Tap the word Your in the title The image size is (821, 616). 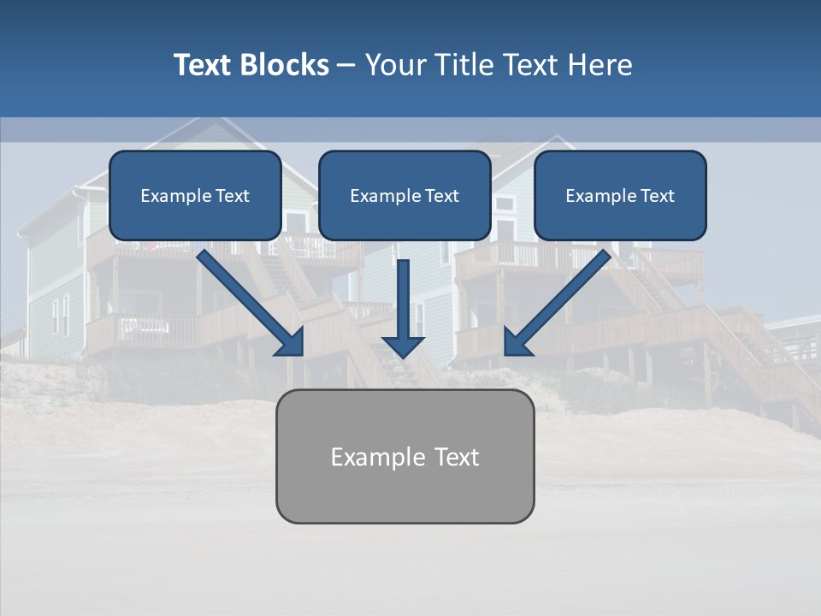click(398, 65)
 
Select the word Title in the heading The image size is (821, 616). click(465, 65)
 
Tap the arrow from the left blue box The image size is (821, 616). click(248, 299)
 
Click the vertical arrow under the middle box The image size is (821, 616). click(404, 299)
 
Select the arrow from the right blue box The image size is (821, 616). click(560, 299)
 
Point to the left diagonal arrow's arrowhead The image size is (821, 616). click(292, 343)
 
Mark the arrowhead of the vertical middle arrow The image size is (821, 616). click(404, 346)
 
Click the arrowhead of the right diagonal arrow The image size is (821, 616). click(517, 343)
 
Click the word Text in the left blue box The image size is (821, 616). click(233, 196)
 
